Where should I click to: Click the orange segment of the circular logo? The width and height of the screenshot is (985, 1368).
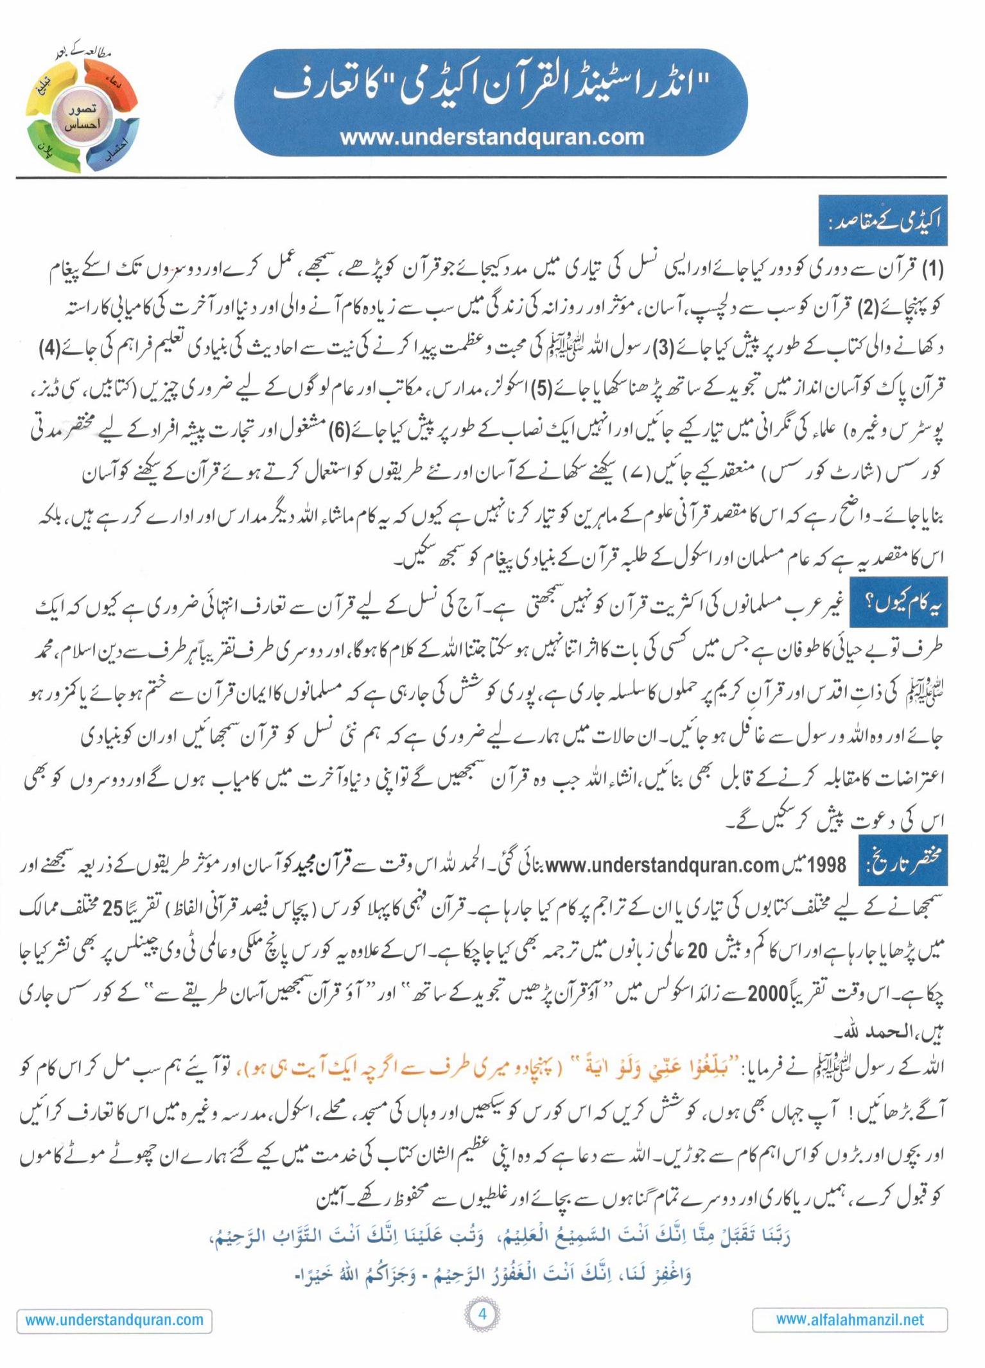click(110, 87)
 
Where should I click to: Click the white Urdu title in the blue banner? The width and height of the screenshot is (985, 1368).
click(492, 89)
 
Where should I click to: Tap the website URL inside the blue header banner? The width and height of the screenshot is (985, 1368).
click(492, 137)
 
